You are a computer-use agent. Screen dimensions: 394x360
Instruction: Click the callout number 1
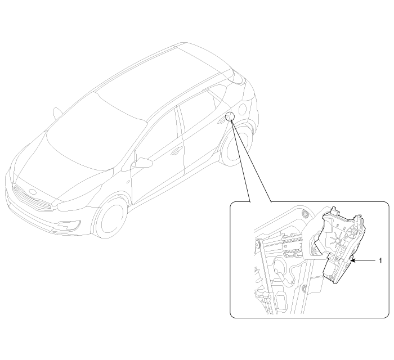point(380,261)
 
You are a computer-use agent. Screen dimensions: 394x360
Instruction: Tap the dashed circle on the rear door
point(230,116)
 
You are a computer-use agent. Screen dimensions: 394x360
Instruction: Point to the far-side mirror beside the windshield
point(57,112)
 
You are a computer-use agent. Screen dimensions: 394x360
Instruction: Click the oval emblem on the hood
point(33,192)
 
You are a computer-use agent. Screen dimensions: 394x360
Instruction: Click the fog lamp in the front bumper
point(69,226)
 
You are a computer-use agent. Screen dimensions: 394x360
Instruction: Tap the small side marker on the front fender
point(128,182)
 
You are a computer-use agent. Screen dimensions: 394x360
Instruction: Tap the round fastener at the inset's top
point(305,214)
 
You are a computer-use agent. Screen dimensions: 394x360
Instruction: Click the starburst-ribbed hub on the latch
point(337,241)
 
